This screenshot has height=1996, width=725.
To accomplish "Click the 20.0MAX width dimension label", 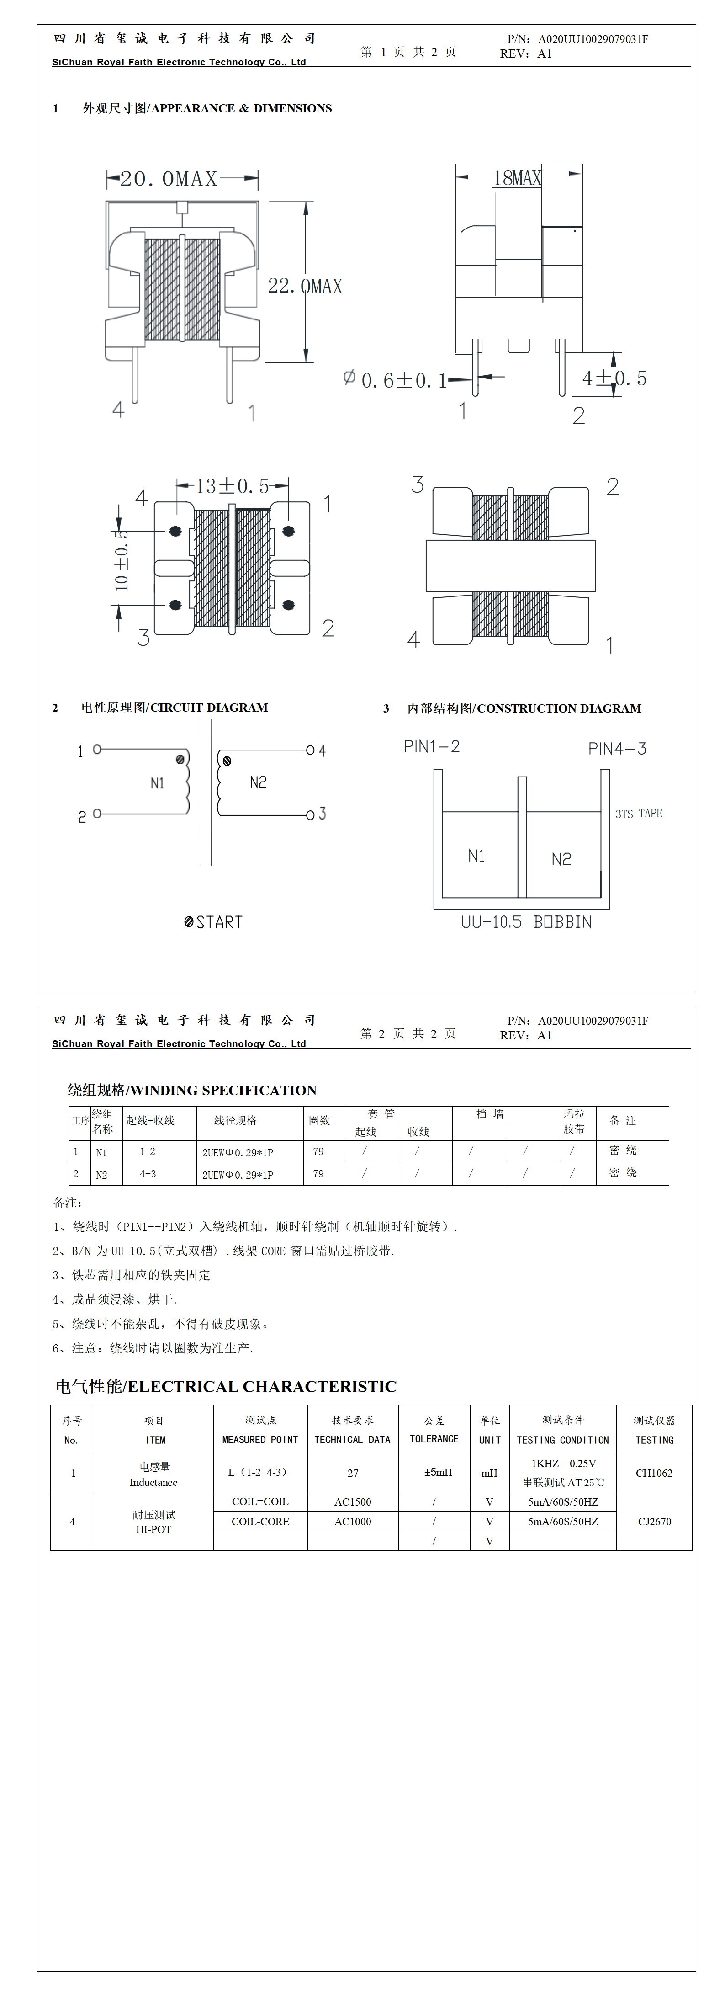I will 169,179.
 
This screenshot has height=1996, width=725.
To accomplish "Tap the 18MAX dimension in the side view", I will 517,178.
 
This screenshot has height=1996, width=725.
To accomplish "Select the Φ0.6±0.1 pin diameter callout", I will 395,380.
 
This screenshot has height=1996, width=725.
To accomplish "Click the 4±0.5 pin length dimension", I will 614,378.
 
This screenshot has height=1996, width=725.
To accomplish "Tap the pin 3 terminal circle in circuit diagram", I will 310,814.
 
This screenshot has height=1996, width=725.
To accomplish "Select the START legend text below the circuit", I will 214,922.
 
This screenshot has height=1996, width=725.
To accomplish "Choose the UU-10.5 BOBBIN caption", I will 526,922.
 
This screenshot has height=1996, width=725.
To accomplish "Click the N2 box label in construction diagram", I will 561,858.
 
